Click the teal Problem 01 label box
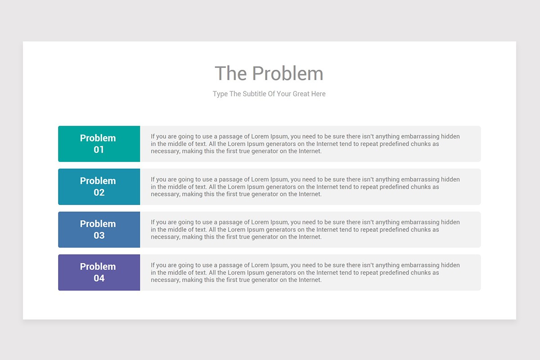(99, 144)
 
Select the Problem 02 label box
(99, 187)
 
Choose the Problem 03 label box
(99, 229)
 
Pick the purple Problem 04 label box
(99, 272)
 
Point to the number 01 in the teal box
(99, 150)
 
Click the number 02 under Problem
(99, 193)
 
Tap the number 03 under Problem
(99, 235)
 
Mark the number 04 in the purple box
(99, 278)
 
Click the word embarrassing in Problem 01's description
(420, 136)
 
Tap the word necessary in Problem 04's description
(165, 280)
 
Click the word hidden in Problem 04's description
(450, 265)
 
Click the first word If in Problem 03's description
(153, 222)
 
